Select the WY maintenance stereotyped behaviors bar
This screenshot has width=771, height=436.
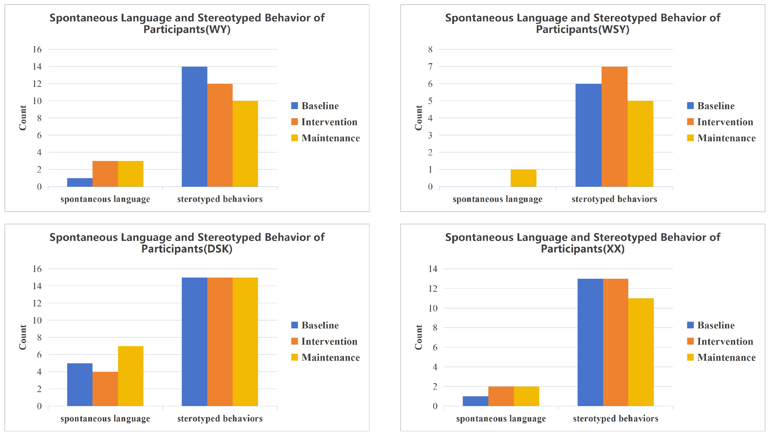point(245,144)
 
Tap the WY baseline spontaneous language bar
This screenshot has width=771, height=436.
point(80,182)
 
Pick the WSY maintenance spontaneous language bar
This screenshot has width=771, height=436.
point(523,178)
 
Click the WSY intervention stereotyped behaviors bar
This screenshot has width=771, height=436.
point(614,126)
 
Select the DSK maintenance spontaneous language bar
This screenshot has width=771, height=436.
point(131,376)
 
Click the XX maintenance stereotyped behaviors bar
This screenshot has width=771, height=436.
point(641,352)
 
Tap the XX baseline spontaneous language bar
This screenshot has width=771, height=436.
point(475,401)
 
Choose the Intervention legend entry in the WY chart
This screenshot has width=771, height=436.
point(324,122)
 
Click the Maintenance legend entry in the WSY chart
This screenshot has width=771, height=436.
point(721,138)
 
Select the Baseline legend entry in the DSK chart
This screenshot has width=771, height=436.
point(315,325)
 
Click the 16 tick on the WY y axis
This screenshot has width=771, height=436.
point(37,49)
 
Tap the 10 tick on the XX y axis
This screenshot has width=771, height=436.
point(433,308)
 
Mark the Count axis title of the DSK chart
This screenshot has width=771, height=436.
point(23,337)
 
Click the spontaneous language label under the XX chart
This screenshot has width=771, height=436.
point(501,419)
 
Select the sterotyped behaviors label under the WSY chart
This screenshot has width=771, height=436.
point(614,199)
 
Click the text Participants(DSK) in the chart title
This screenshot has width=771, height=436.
point(187,249)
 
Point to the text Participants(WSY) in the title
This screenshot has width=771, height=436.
point(582,29)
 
